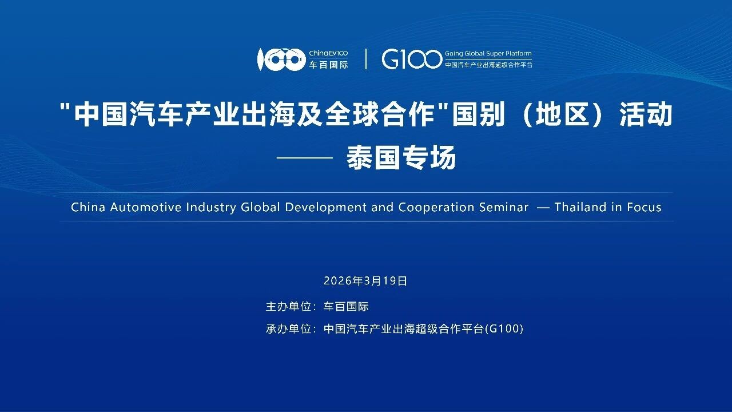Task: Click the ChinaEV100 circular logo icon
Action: (281, 60)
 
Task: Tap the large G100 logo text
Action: (412, 60)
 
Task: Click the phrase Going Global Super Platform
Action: (488, 54)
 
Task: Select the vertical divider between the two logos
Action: (365, 59)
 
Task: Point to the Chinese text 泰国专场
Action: (401, 157)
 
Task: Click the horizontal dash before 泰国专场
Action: (305, 157)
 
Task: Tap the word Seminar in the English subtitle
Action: (504, 207)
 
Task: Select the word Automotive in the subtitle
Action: (146, 207)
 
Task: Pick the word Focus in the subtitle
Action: (644, 207)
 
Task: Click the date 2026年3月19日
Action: (365, 281)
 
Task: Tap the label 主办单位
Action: (288, 307)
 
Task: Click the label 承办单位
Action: (288, 329)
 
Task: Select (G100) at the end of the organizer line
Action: (504, 329)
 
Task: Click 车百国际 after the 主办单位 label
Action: (346, 307)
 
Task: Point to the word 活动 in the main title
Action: (646, 114)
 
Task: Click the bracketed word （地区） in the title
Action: (561, 114)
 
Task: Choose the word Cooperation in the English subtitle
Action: (436, 207)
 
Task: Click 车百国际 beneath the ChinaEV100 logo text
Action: (328, 65)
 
